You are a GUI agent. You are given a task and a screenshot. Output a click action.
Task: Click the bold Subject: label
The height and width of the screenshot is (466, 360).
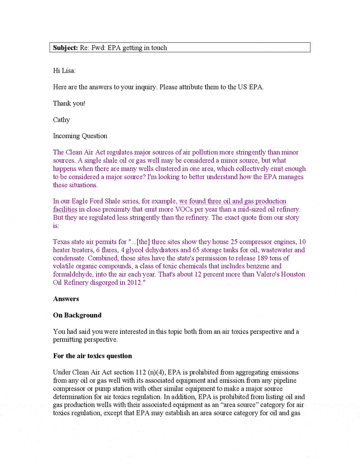65,48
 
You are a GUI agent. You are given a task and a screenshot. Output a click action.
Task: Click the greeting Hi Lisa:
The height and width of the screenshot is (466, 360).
64,70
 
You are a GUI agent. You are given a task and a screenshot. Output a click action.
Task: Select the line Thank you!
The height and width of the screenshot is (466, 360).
69,103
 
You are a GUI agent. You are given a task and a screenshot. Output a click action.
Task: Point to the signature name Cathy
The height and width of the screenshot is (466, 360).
61,120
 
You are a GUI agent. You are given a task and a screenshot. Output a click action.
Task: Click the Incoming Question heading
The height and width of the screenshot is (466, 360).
80,136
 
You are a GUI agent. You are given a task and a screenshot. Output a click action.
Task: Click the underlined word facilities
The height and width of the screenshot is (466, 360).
65,209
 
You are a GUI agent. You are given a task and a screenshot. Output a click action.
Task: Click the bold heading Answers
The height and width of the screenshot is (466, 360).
66,299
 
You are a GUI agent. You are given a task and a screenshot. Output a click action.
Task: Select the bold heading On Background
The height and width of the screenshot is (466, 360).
77,315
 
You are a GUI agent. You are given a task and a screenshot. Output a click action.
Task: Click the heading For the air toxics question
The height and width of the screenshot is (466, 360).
92,356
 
